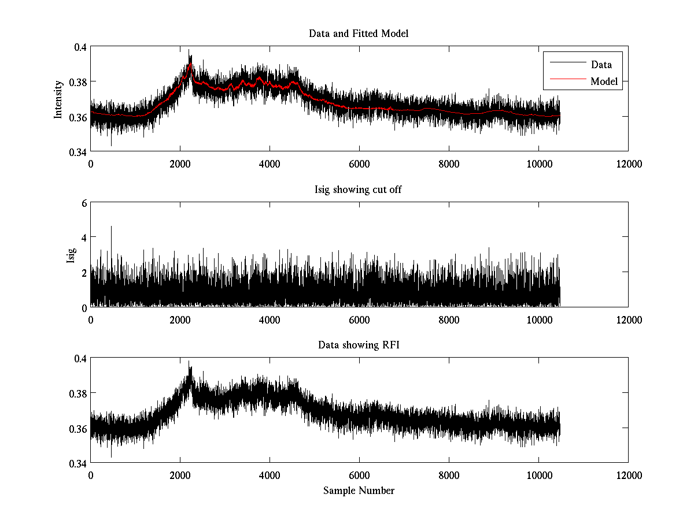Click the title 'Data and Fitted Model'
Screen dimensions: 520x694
click(x=359, y=34)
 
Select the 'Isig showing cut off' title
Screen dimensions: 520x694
click(x=359, y=190)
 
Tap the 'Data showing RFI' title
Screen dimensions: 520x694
click(x=359, y=346)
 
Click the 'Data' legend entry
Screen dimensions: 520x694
click(x=601, y=65)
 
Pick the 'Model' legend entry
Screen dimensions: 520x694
click(x=604, y=81)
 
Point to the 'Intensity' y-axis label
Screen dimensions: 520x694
click(x=58, y=99)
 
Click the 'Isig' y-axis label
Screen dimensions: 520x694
click(x=71, y=255)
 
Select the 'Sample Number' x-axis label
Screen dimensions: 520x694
click(x=359, y=491)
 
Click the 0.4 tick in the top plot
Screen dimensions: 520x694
click(x=79, y=47)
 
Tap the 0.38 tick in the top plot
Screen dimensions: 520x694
click(x=77, y=82)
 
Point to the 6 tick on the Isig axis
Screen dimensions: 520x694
click(x=84, y=203)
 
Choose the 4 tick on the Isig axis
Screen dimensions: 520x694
click(x=84, y=237)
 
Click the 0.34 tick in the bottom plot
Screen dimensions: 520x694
click(x=77, y=463)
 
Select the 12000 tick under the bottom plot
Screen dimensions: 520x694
click(x=628, y=475)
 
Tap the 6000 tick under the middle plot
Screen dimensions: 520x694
click(x=359, y=319)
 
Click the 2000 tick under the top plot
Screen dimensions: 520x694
click(x=180, y=164)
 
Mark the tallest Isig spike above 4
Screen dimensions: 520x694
click(x=111, y=227)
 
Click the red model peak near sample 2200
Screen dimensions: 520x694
click(x=190, y=65)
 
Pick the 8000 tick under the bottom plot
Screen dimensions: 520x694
click(x=449, y=475)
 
